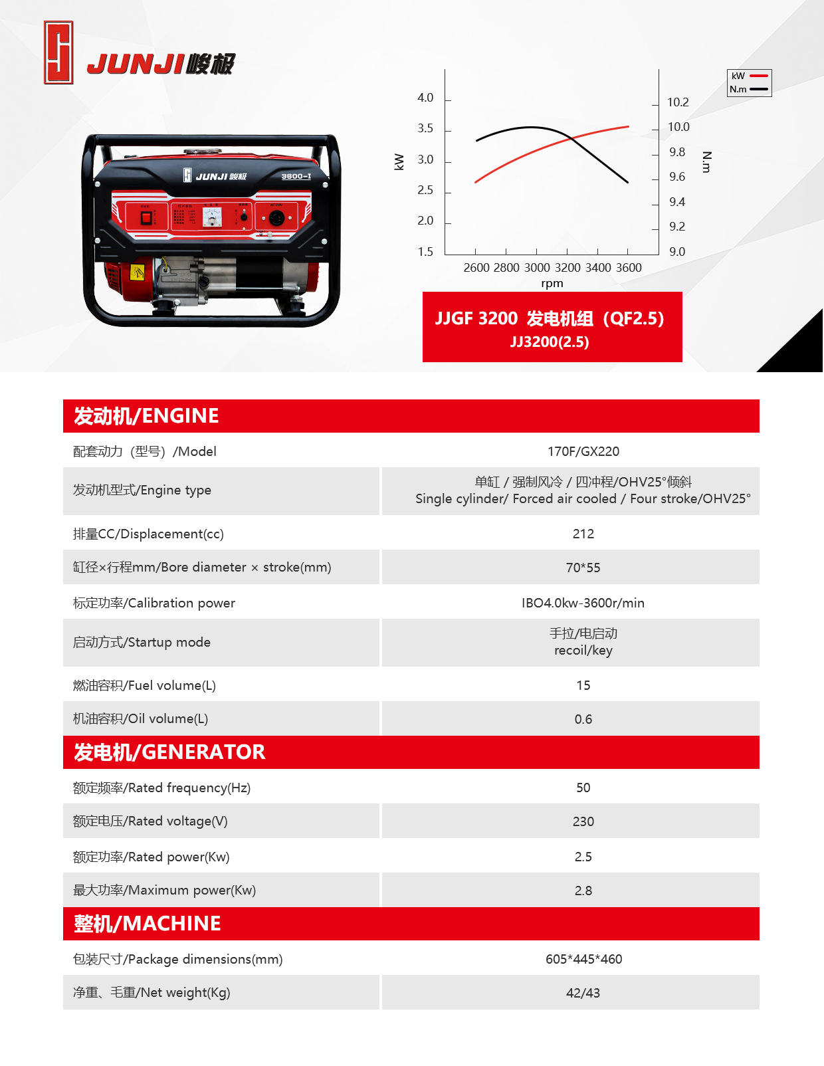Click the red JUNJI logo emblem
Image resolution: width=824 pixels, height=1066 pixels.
[58, 53]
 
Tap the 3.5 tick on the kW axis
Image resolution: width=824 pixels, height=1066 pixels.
[425, 128]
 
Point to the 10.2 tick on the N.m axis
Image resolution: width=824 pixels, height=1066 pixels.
[678, 102]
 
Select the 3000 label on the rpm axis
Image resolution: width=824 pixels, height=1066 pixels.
[537, 268]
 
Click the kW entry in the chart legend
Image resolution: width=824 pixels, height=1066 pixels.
[749, 76]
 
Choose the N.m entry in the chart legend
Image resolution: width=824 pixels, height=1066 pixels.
[749, 89]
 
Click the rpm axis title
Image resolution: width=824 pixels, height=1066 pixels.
[552, 284]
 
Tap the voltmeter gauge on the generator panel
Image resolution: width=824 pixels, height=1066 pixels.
[212, 217]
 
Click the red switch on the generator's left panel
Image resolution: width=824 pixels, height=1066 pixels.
[146, 217]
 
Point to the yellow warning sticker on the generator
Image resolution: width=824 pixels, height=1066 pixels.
[137, 272]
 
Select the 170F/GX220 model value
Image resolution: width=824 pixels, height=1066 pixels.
[583, 451]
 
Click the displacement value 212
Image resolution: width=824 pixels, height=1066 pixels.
[583, 534]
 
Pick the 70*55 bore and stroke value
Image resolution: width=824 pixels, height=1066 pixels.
[583, 568]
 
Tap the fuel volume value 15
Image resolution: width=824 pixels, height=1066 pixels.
[583, 685]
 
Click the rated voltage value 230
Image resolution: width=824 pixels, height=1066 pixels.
[583, 821]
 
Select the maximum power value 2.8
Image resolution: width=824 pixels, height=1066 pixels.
[583, 891]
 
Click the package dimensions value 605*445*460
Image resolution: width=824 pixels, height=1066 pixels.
[583, 959]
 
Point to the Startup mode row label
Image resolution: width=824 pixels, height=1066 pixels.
[142, 642]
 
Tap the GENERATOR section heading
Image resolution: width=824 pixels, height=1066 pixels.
[169, 752]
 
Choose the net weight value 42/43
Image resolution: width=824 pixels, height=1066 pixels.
[583, 993]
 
